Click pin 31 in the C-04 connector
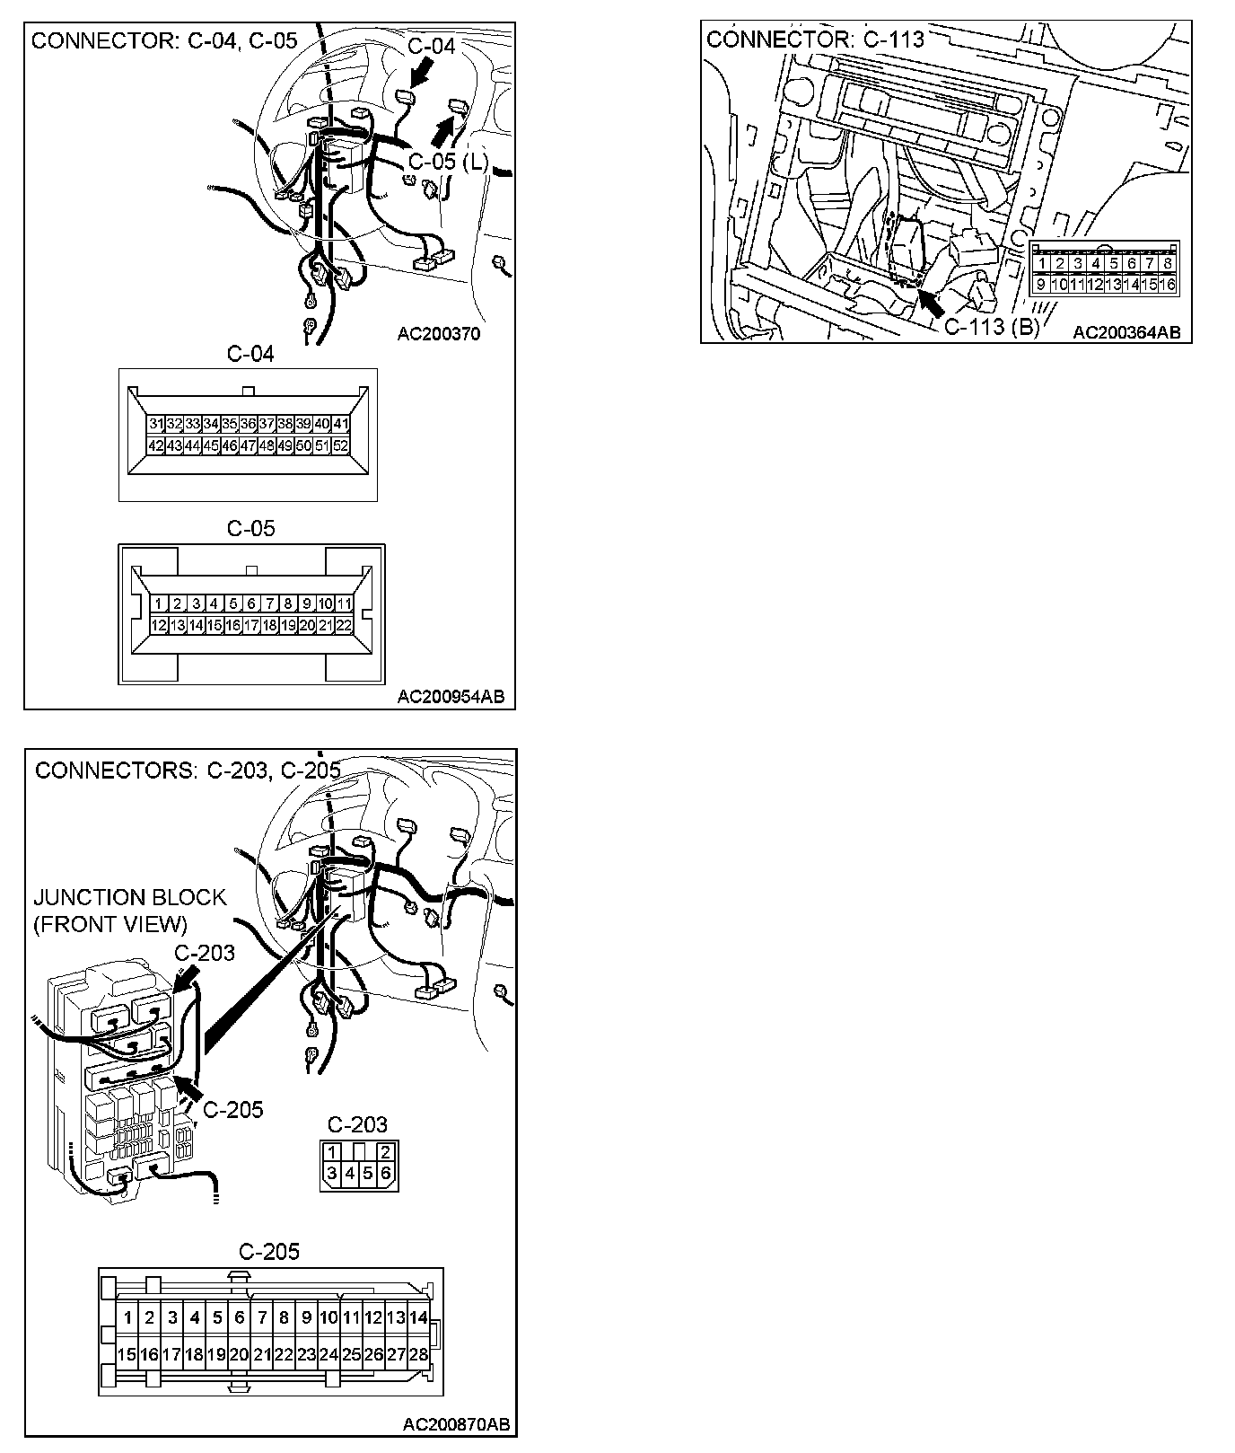(x=156, y=424)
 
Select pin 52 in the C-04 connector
(x=340, y=445)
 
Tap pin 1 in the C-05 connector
(x=158, y=604)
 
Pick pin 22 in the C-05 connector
(x=343, y=626)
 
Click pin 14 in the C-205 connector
(x=418, y=1318)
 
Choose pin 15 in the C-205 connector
(x=127, y=1354)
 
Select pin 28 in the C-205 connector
(x=418, y=1354)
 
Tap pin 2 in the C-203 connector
(x=385, y=1152)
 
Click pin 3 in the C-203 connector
(x=332, y=1173)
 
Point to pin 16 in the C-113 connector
(x=1167, y=285)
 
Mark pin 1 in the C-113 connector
(x=1042, y=264)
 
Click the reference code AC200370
(x=439, y=334)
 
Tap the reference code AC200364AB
(x=1126, y=332)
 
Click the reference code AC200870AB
(x=456, y=1424)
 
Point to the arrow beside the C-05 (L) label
(x=441, y=132)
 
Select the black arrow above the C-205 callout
(x=187, y=1086)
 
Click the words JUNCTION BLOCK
(x=129, y=897)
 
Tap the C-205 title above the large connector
(x=269, y=1251)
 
